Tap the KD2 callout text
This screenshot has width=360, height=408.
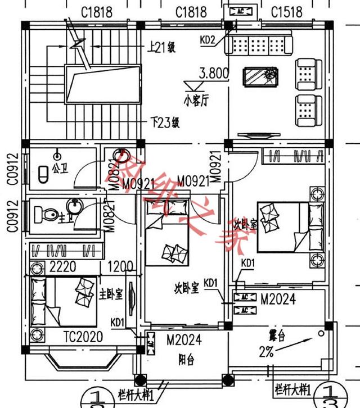tap(208, 40)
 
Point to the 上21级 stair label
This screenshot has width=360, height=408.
tap(163, 48)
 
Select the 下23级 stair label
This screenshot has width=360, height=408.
tap(165, 121)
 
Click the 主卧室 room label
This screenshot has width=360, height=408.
tap(111, 294)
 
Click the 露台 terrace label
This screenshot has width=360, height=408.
tap(277, 338)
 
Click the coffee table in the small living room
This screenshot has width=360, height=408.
tap(259, 76)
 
